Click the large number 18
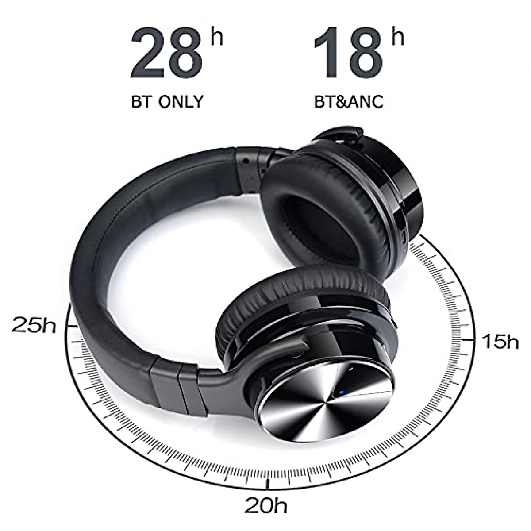pos(348,53)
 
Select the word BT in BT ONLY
pos(141,101)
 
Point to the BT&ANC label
pos(348,101)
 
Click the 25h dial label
pos(34,325)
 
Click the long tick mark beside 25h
pos(72,326)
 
